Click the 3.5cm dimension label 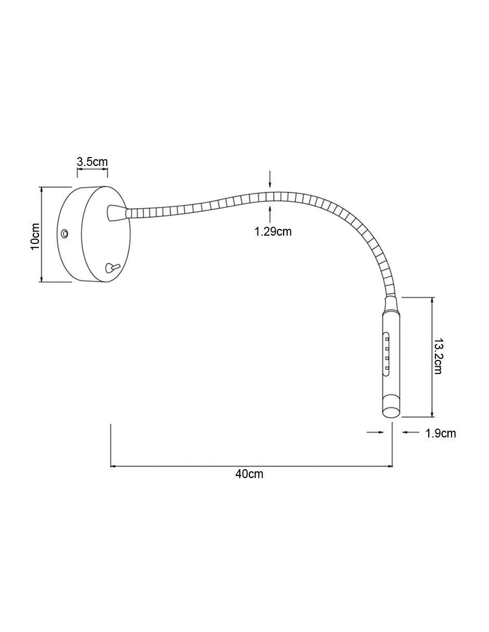92,162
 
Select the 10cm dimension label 35,236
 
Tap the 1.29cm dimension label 273,231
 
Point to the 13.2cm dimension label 438,356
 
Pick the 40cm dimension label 249,474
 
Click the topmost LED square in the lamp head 387,339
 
